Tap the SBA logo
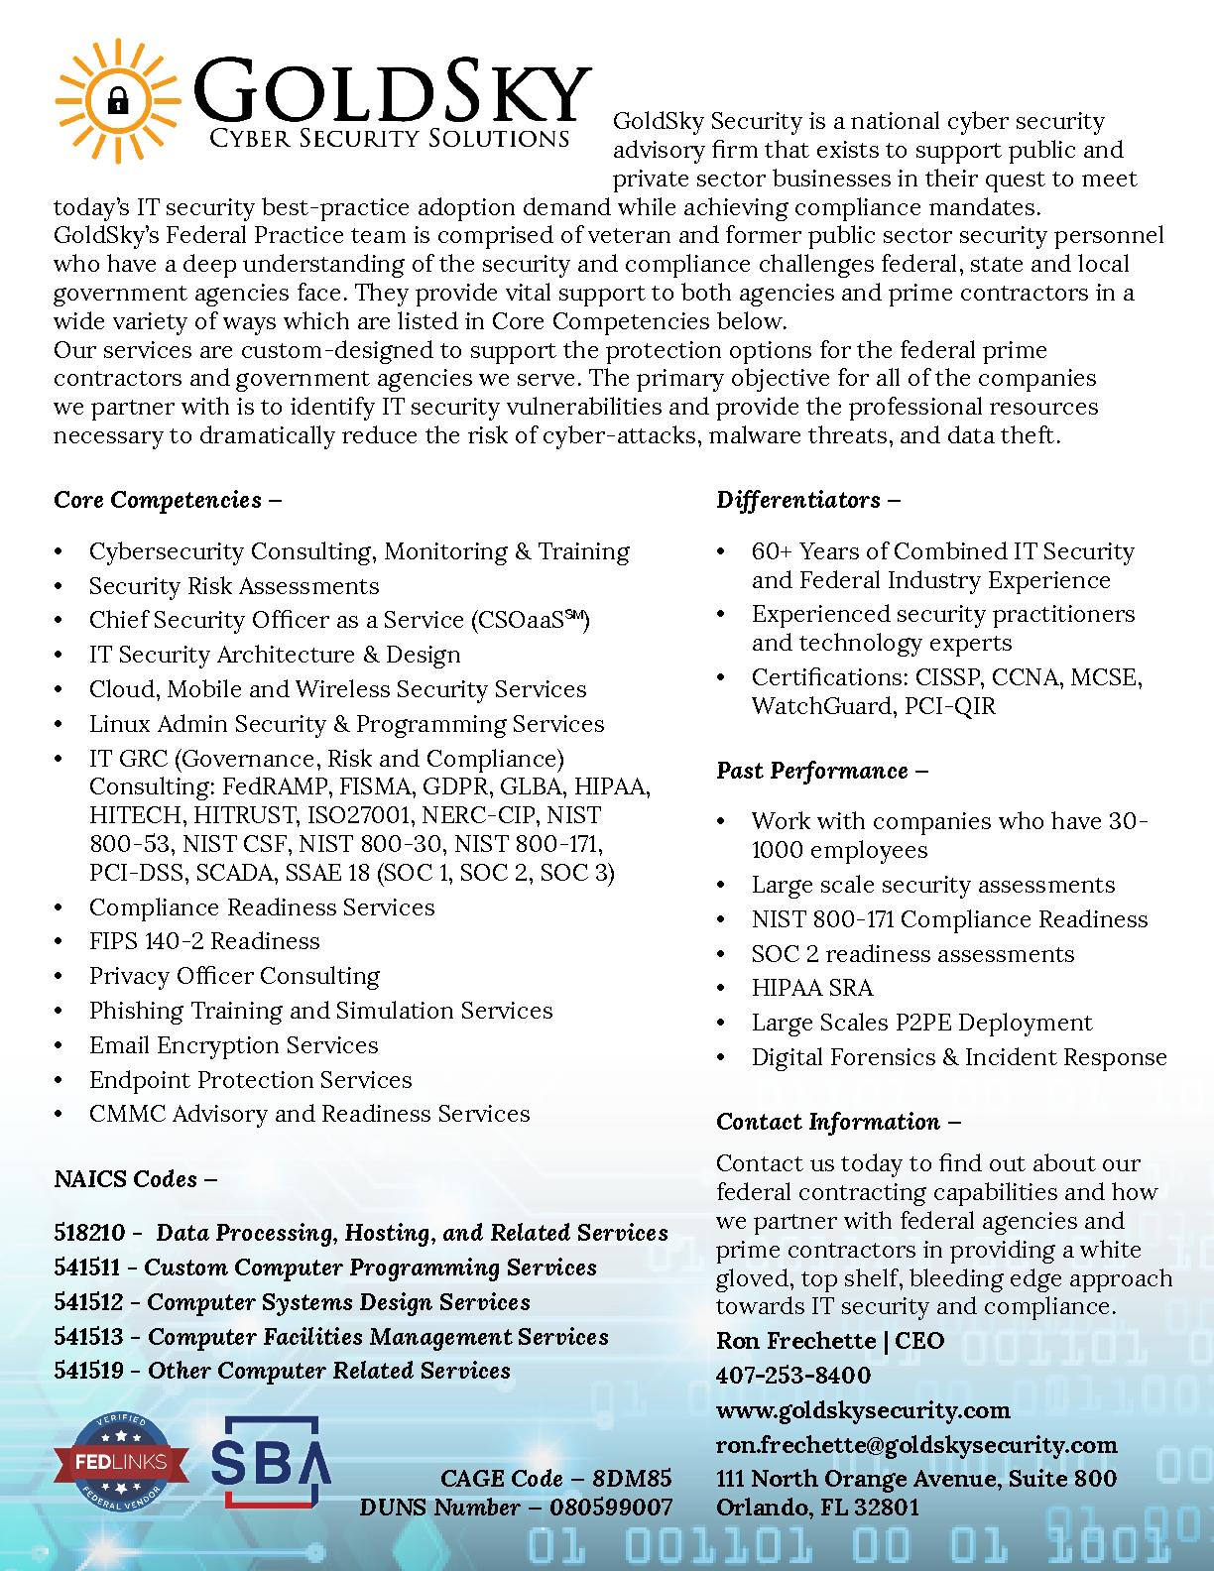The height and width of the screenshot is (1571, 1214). [x=270, y=1461]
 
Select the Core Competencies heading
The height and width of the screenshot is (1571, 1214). [x=167, y=500]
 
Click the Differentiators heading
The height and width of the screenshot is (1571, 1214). [x=807, y=500]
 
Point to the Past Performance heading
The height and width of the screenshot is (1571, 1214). [x=821, y=771]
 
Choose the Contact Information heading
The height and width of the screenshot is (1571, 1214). [x=838, y=1122]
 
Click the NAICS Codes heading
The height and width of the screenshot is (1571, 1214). [x=135, y=1179]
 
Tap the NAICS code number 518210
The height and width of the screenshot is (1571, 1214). [x=90, y=1233]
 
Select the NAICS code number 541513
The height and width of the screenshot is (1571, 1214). [x=88, y=1337]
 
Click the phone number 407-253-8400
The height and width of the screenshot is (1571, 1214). [x=793, y=1376]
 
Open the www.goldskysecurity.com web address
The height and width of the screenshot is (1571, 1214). [x=863, y=1410]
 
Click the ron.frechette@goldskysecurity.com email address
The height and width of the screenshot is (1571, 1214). [x=916, y=1445]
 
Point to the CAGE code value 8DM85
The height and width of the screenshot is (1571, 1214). [x=632, y=1479]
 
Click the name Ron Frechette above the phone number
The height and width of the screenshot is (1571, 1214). [x=796, y=1341]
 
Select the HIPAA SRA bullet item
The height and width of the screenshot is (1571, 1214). [x=812, y=989]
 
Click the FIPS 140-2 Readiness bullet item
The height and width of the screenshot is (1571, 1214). [x=204, y=941]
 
